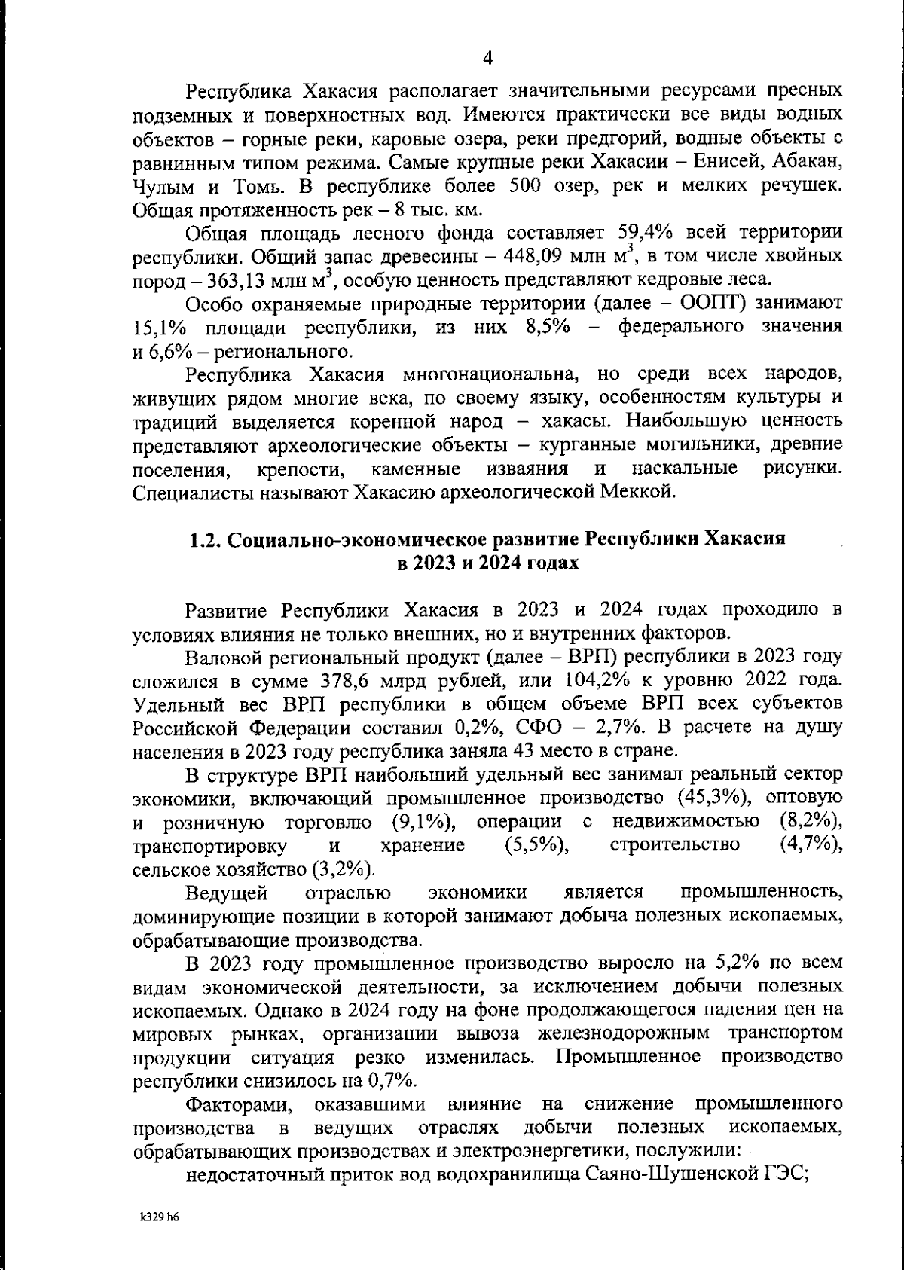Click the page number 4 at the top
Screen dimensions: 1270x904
pyautogui.click(x=487, y=58)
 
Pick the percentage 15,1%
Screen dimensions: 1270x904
pyautogui.click(x=157, y=328)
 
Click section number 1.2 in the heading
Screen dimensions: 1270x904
pyautogui.click(x=203, y=539)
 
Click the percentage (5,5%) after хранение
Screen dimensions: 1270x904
pyautogui.click(x=536, y=845)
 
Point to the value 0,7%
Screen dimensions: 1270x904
pyautogui.click(x=392, y=1080)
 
